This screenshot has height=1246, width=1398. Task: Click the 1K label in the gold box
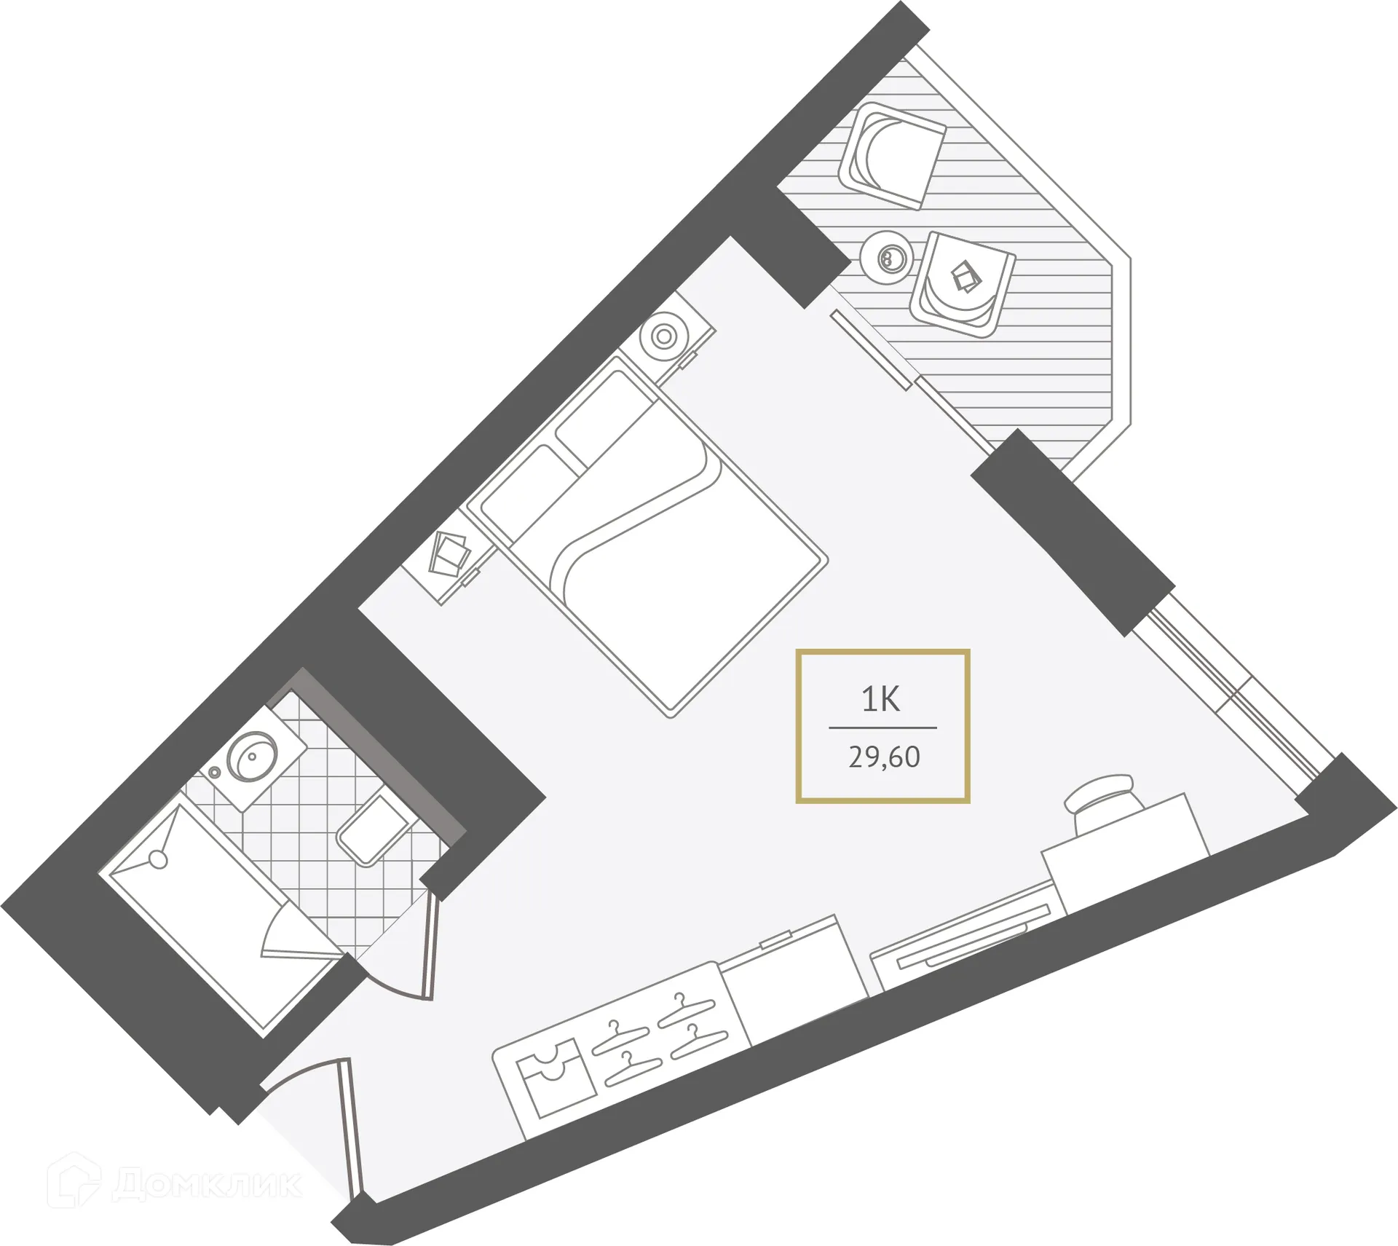(x=881, y=699)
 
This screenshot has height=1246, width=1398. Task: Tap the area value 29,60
(x=884, y=757)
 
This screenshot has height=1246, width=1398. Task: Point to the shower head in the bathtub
(x=158, y=859)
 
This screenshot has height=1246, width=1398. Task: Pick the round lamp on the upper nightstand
(x=664, y=336)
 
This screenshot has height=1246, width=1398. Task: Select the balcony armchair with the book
(x=963, y=284)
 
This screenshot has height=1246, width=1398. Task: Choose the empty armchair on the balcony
(x=892, y=154)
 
